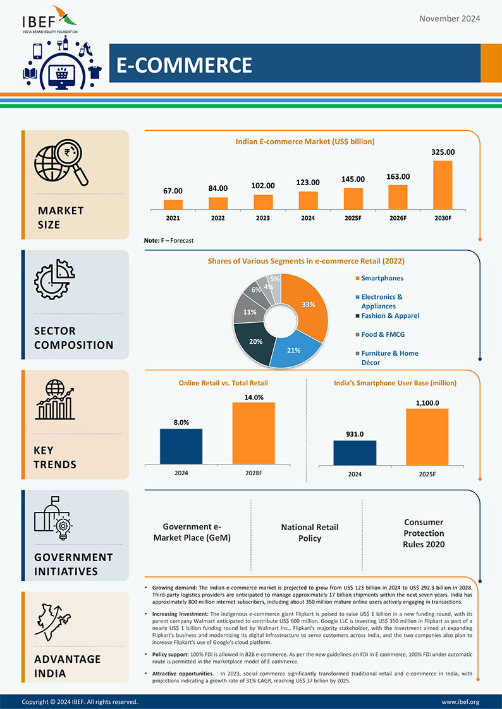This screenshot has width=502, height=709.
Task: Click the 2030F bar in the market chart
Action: click(x=443, y=185)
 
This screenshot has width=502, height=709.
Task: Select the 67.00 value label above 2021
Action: click(x=173, y=191)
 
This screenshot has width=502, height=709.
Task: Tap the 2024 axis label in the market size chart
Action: click(x=307, y=218)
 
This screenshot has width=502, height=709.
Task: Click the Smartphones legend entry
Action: click(x=382, y=278)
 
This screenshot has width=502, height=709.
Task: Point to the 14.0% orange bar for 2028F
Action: click(x=254, y=432)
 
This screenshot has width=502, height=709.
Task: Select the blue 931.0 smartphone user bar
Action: click(x=355, y=452)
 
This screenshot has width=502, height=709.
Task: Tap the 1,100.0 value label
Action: click(x=427, y=403)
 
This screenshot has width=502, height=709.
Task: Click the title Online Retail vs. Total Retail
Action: click(x=223, y=383)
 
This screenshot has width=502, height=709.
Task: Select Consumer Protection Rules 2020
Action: click(x=424, y=533)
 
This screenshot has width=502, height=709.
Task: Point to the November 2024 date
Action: click(x=450, y=18)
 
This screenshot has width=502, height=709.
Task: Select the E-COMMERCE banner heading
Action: click(x=184, y=64)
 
